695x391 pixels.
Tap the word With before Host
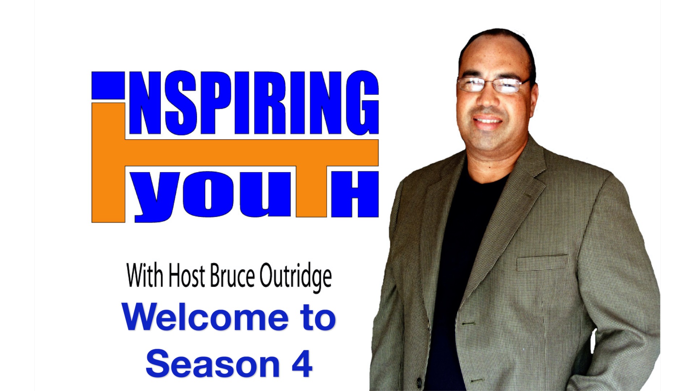click(145, 276)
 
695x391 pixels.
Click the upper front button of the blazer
click(467, 322)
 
